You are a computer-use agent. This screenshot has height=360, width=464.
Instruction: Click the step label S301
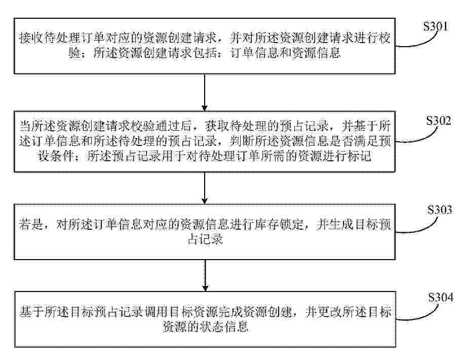point(435,26)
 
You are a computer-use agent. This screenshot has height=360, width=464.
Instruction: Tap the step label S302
point(439,121)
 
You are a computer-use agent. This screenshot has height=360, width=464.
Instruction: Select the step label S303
point(440,210)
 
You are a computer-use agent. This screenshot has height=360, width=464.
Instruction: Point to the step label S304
point(441,297)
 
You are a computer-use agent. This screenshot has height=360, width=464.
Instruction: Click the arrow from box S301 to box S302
point(205,92)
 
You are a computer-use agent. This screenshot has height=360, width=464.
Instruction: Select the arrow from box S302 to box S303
point(205,188)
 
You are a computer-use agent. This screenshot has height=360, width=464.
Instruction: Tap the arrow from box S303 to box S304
point(205,275)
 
